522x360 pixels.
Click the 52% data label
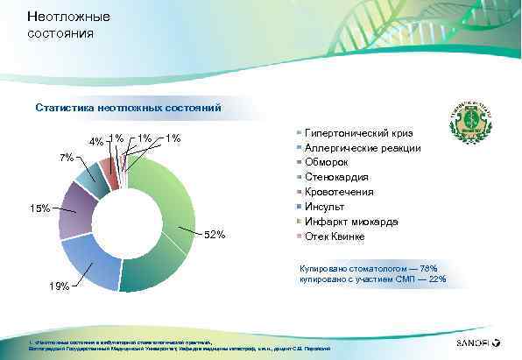215,234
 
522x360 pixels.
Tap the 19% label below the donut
60,286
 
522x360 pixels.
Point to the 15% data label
39,208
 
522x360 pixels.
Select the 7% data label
67,158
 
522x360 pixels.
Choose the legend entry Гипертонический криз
359,132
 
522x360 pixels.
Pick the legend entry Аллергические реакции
363,147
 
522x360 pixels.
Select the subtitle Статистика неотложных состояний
128,109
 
